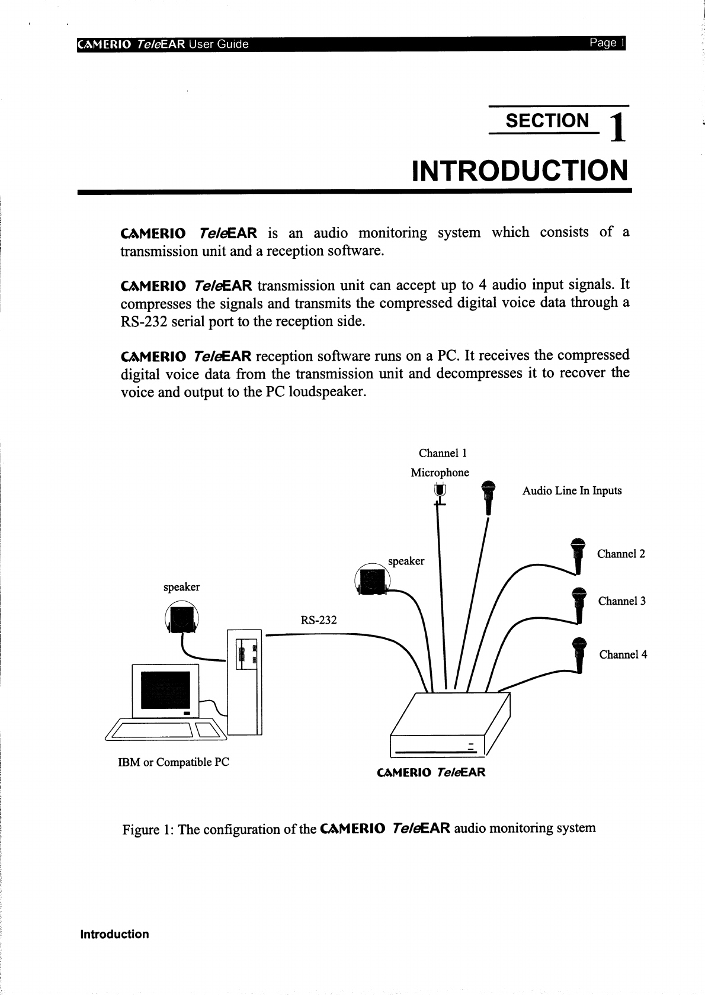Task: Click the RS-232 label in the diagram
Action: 318,620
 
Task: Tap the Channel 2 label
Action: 620,554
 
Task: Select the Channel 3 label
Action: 621,601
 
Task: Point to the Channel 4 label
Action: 623,654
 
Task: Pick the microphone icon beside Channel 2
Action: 578,555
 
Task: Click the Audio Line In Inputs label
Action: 572,490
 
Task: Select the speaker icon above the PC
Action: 182,617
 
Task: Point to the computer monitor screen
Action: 165,692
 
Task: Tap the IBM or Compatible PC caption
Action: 174,762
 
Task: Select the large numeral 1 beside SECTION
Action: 617,127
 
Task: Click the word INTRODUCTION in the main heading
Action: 520,171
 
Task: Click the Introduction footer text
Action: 114,934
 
